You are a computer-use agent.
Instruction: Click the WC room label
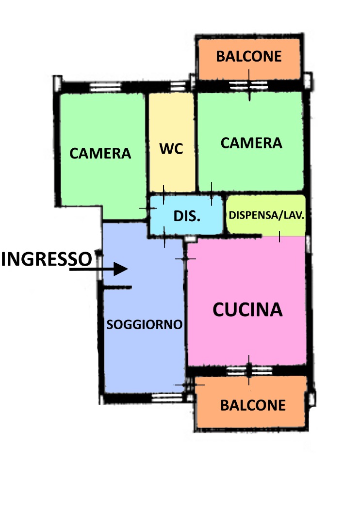[171, 149]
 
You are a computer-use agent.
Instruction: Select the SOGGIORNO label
[144, 324]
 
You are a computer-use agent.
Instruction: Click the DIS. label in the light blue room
[187, 216]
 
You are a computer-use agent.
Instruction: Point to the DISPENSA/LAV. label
[266, 215]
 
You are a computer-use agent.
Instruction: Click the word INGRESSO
[47, 259]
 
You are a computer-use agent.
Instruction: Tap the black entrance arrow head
[120, 269]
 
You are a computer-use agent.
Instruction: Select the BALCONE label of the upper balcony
[249, 56]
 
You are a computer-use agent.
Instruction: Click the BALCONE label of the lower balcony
[253, 405]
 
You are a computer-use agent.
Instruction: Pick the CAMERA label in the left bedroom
[100, 153]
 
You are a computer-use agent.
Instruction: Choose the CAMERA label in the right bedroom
[251, 143]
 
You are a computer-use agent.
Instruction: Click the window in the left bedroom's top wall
[105, 87]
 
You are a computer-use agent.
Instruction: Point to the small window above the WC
[178, 86]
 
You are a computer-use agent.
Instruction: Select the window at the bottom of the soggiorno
[167, 398]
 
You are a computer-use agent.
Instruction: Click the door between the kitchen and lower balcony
[249, 370]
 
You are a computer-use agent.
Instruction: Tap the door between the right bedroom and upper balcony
[248, 85]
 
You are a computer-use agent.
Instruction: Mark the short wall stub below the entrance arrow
[117, 287]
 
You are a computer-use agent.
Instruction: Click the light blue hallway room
[186, 215]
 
